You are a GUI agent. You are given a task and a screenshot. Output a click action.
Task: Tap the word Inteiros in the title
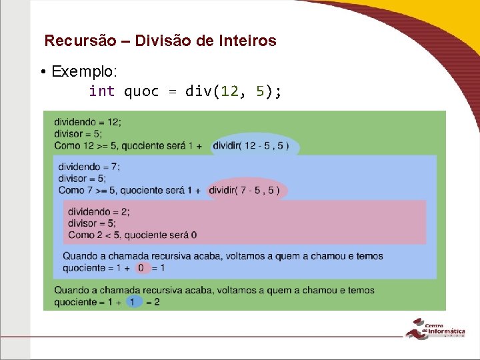coord(247,41)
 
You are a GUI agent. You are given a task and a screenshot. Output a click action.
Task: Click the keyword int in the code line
coord(101,91)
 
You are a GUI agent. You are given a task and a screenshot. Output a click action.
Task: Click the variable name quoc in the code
coord(141,91)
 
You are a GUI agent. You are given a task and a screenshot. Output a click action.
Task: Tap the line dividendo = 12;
coord(87,122)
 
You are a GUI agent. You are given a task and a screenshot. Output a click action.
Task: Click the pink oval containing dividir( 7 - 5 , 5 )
coord(247,191)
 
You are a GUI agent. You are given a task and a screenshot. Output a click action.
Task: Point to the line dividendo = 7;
coord(89,167)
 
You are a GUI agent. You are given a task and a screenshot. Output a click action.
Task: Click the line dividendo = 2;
coord(99,211)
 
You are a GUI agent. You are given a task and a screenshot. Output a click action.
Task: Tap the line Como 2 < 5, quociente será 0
coord(132,235)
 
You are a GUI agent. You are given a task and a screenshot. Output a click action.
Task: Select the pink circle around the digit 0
coord(140,268)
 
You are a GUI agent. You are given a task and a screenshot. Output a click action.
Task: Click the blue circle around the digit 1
coord(132,302)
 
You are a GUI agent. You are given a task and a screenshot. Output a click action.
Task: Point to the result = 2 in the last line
coord(153,302)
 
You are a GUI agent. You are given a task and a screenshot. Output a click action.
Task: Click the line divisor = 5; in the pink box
coord(92,223)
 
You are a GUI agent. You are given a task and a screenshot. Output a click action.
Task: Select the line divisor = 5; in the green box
coord(78,133)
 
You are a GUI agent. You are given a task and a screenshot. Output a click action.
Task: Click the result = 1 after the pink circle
coord(158,268)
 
